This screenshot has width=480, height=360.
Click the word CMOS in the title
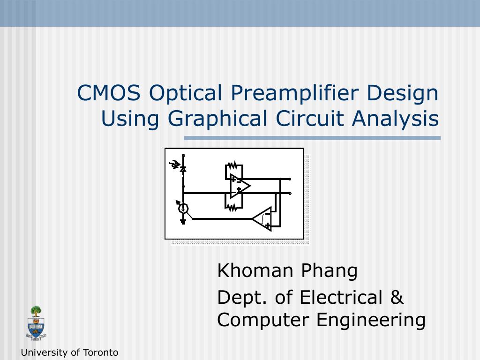109,93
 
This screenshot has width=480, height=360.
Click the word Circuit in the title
310,118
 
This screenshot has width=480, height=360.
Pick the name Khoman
255,270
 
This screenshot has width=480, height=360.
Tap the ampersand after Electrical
397,297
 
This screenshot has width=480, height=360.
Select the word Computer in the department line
263,321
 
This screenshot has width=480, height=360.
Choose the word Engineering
371,321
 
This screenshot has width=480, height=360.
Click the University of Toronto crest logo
36,323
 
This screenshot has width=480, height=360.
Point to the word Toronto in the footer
100,352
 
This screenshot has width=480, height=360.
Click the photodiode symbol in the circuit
183,169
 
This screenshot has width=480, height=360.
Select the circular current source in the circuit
183,209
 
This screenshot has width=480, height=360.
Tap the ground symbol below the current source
183,222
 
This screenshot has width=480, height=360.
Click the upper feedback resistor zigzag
232,165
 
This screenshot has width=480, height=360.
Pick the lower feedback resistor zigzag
232,208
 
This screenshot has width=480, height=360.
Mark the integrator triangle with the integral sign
262,219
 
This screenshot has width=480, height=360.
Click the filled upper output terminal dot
290,179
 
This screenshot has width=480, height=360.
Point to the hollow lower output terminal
290,193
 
